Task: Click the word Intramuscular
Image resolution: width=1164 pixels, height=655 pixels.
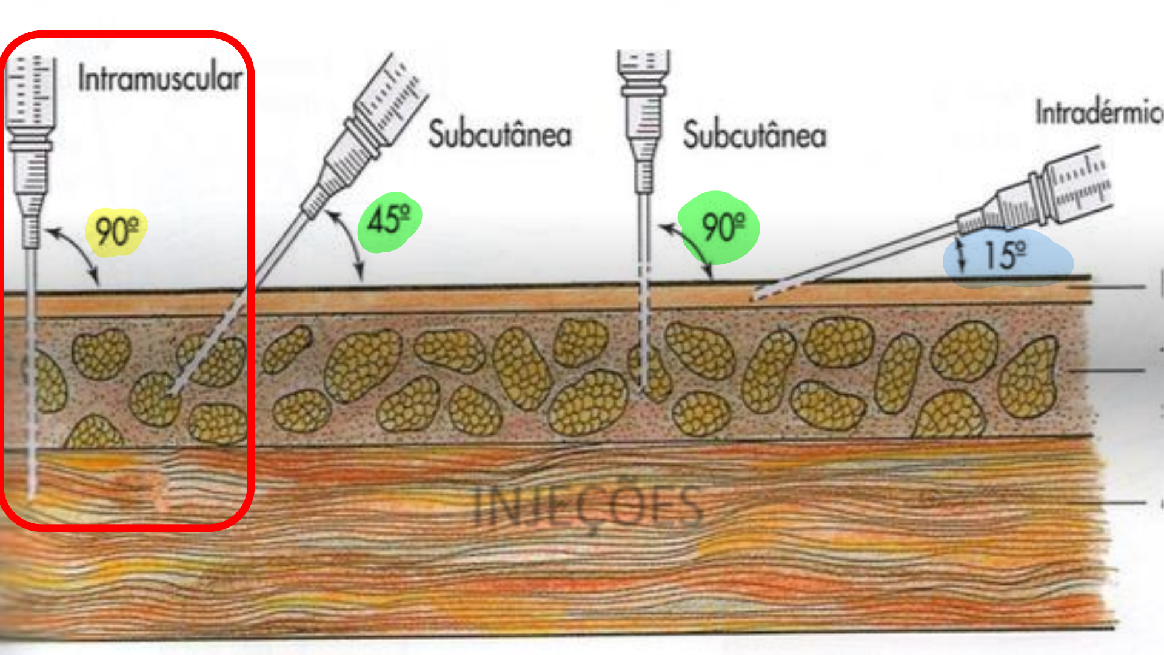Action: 160,79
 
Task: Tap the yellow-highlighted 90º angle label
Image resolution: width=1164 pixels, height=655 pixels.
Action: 116,231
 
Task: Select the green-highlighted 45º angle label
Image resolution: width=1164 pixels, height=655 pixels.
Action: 389,220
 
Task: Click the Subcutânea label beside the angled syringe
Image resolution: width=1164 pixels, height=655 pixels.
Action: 500,134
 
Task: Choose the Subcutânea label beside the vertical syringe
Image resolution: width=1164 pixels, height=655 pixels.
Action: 754,134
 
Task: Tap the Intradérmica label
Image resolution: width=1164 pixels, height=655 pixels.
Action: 1097,113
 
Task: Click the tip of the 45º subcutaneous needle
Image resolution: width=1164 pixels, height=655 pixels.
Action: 172,393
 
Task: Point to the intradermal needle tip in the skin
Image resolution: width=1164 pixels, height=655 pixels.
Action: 753,297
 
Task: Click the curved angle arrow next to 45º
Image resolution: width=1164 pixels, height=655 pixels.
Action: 349,243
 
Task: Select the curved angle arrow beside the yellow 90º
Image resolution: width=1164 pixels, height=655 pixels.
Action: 76,252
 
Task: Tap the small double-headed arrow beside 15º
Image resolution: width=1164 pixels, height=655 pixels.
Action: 961,255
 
